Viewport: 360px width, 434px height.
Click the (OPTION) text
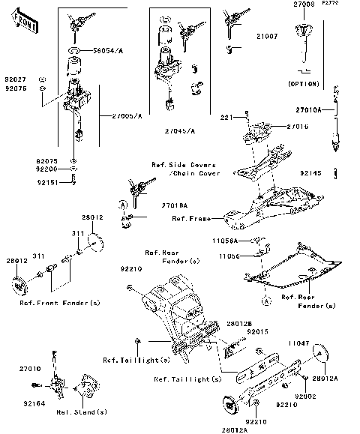(303, 84)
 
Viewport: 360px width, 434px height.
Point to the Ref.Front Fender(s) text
(59, 302)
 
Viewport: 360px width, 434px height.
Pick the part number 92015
(256, 331)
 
